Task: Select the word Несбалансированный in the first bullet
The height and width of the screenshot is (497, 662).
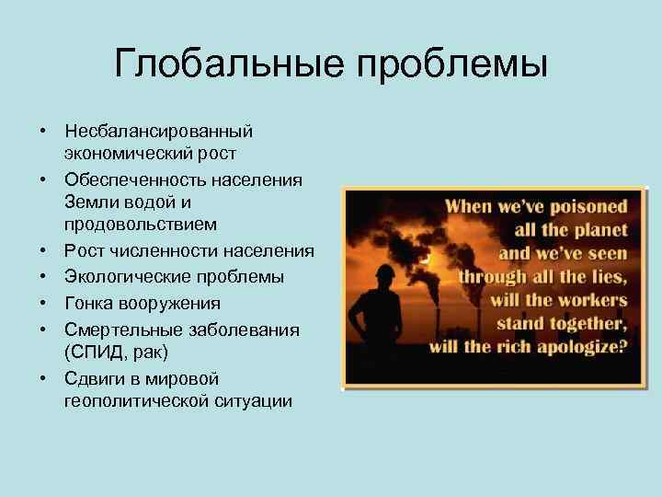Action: click(158, 133)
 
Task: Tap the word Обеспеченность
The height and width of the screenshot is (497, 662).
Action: click(136, 179)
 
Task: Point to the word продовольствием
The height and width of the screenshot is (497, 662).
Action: click(141, 224)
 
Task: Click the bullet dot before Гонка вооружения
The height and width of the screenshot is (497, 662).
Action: click(43, 303)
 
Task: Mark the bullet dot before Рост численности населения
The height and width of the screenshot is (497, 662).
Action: click(43, 251)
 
